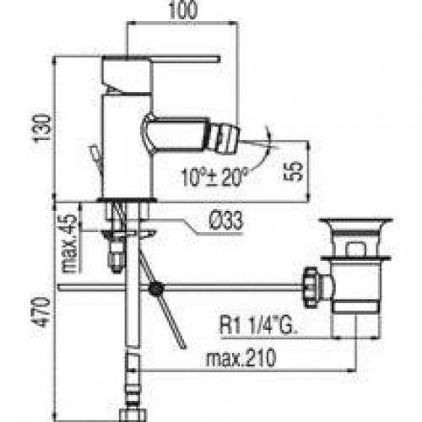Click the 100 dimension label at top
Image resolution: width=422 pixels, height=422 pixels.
(x=183, y=10)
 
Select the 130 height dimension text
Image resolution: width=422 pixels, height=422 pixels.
(x=43, y=128)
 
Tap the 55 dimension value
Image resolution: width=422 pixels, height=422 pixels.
(x=294, y=171)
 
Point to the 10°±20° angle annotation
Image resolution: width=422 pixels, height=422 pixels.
(x=214, y=176)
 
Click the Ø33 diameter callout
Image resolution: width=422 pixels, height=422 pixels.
(x=226, y=221)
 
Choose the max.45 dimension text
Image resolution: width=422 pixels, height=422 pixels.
(x=69, y=244)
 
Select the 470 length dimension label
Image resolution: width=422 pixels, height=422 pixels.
(x=42, y=312)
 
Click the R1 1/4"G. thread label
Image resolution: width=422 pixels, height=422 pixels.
(x=258, y=325)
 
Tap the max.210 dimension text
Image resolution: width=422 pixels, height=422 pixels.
(x=241, y=358)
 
